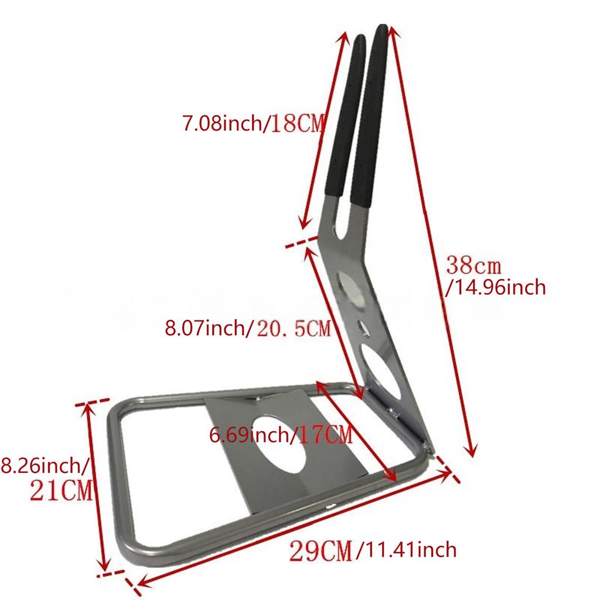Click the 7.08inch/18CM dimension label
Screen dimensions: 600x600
(x=252, y=124)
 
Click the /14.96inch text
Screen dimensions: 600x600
(x=496, y=287)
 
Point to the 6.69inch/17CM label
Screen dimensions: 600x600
(x=280, y=435)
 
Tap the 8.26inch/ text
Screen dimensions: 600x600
(x=44, y=466)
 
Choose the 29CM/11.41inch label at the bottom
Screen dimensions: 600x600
(x=373, y=550)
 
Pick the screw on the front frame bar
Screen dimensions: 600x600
(x=328, y=506)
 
